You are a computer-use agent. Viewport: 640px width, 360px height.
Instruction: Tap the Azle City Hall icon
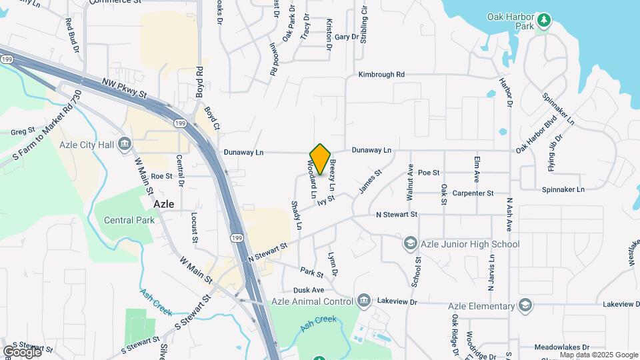click(125, 144)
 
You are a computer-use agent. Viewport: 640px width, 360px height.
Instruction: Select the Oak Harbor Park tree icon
click(544, 21)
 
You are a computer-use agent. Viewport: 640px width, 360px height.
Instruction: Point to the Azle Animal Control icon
click(363, 301)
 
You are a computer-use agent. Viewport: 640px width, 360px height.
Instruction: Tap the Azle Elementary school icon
click(525, 306)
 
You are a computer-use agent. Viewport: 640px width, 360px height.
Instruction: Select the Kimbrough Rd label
click(381, 75)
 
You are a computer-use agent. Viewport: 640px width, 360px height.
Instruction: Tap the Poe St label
click(429, 173)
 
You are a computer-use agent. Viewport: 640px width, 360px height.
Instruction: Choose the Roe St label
click(161, 177)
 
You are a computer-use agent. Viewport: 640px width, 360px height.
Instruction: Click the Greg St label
click(22, 132)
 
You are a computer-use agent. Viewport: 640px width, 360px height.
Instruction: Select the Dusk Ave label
click(309, 291)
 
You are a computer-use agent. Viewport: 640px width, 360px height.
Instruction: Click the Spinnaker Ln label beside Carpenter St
click(563, 189)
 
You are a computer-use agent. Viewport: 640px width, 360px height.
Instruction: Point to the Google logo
click(22, 351)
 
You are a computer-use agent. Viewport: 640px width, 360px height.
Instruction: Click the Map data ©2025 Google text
click(599, 355)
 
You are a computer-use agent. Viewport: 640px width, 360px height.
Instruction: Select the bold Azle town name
click(164, 204)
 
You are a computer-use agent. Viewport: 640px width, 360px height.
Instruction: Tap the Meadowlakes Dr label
click(562, 347)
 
